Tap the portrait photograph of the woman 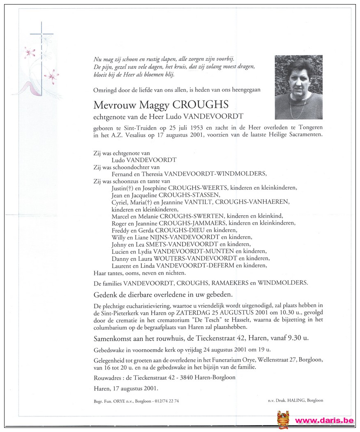pyautogui.click(x=298, y=87)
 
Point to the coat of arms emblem pyautogui.click(x=283, y=419)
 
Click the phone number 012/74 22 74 pyautogui.click(x=163, y=401)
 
